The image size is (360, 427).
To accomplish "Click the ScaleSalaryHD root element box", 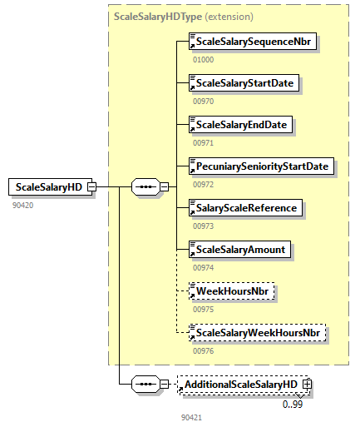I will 47,187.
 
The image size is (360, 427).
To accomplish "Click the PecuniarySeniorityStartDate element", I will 260,166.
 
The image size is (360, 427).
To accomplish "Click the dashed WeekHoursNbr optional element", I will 231,291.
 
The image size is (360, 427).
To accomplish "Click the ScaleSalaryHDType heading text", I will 157,16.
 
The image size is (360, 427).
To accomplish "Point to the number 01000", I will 203,60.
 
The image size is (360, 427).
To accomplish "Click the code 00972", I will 203,185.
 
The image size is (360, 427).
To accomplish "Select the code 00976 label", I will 203,351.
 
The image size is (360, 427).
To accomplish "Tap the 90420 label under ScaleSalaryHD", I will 22,205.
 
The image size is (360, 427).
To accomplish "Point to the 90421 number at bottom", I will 191,415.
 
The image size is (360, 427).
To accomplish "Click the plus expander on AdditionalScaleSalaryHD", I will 308,385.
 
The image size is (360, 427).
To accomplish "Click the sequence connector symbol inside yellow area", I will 146,187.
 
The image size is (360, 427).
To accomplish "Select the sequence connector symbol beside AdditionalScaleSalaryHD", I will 146,385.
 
